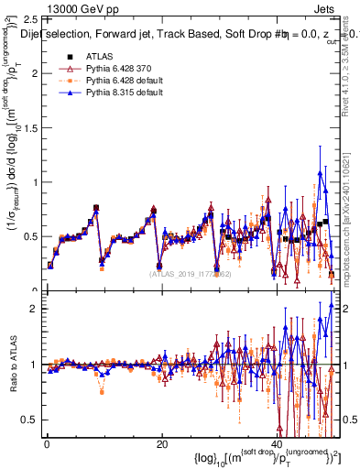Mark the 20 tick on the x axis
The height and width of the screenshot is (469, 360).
coord(162,444)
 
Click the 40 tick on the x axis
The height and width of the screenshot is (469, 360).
coord(277,444)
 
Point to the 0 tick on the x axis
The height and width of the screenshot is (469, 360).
coord(47,444)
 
